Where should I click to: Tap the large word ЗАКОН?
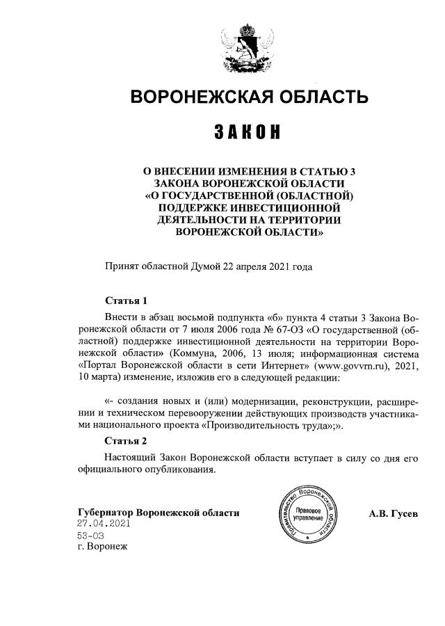248,131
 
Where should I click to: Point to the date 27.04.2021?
104,524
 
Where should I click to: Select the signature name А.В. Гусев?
394,513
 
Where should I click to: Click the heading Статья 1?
126,300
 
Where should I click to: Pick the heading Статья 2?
126,440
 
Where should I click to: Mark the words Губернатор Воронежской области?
159,513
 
